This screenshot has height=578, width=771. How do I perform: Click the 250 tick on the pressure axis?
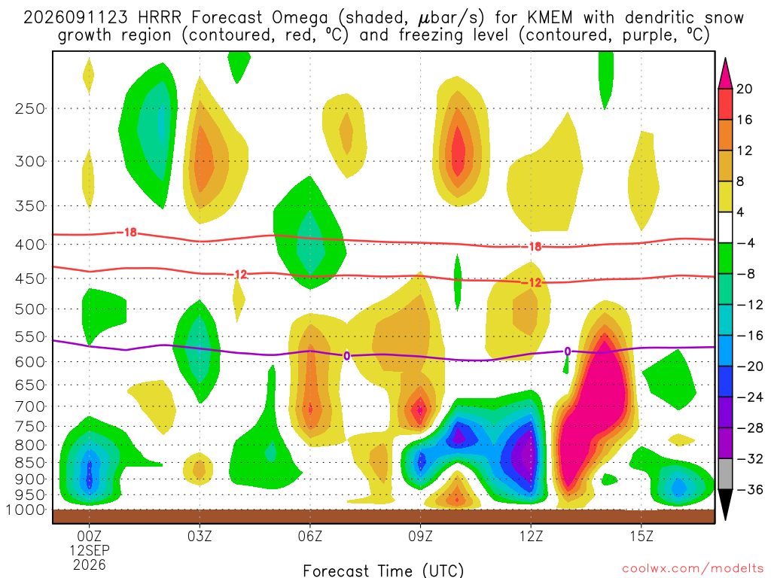(30, 108)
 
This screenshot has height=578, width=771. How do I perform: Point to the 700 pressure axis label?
(30, 406)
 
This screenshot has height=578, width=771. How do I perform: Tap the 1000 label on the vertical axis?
(25, 510)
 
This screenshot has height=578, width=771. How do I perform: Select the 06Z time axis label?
(309, 535)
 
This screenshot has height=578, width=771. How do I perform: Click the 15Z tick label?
(641, 535)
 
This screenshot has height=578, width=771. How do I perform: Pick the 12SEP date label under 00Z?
(90, 550)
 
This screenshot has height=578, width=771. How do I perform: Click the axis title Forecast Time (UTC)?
(383, 570)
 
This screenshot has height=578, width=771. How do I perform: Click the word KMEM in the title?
(550, 18)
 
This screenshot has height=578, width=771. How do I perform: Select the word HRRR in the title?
(160, 18)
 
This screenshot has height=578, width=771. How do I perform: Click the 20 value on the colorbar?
(744, 89)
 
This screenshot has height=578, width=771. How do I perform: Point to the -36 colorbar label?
(749, 489)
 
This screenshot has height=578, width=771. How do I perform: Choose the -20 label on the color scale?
(749, 367)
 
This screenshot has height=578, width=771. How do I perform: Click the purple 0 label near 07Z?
(346, 356)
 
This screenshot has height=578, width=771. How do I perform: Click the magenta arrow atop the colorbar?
(725, 74)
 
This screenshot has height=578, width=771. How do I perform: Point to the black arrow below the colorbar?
(725, 504)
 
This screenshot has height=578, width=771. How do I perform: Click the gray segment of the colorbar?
(725, 474)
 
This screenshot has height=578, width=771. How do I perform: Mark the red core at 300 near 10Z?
(458, 151)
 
